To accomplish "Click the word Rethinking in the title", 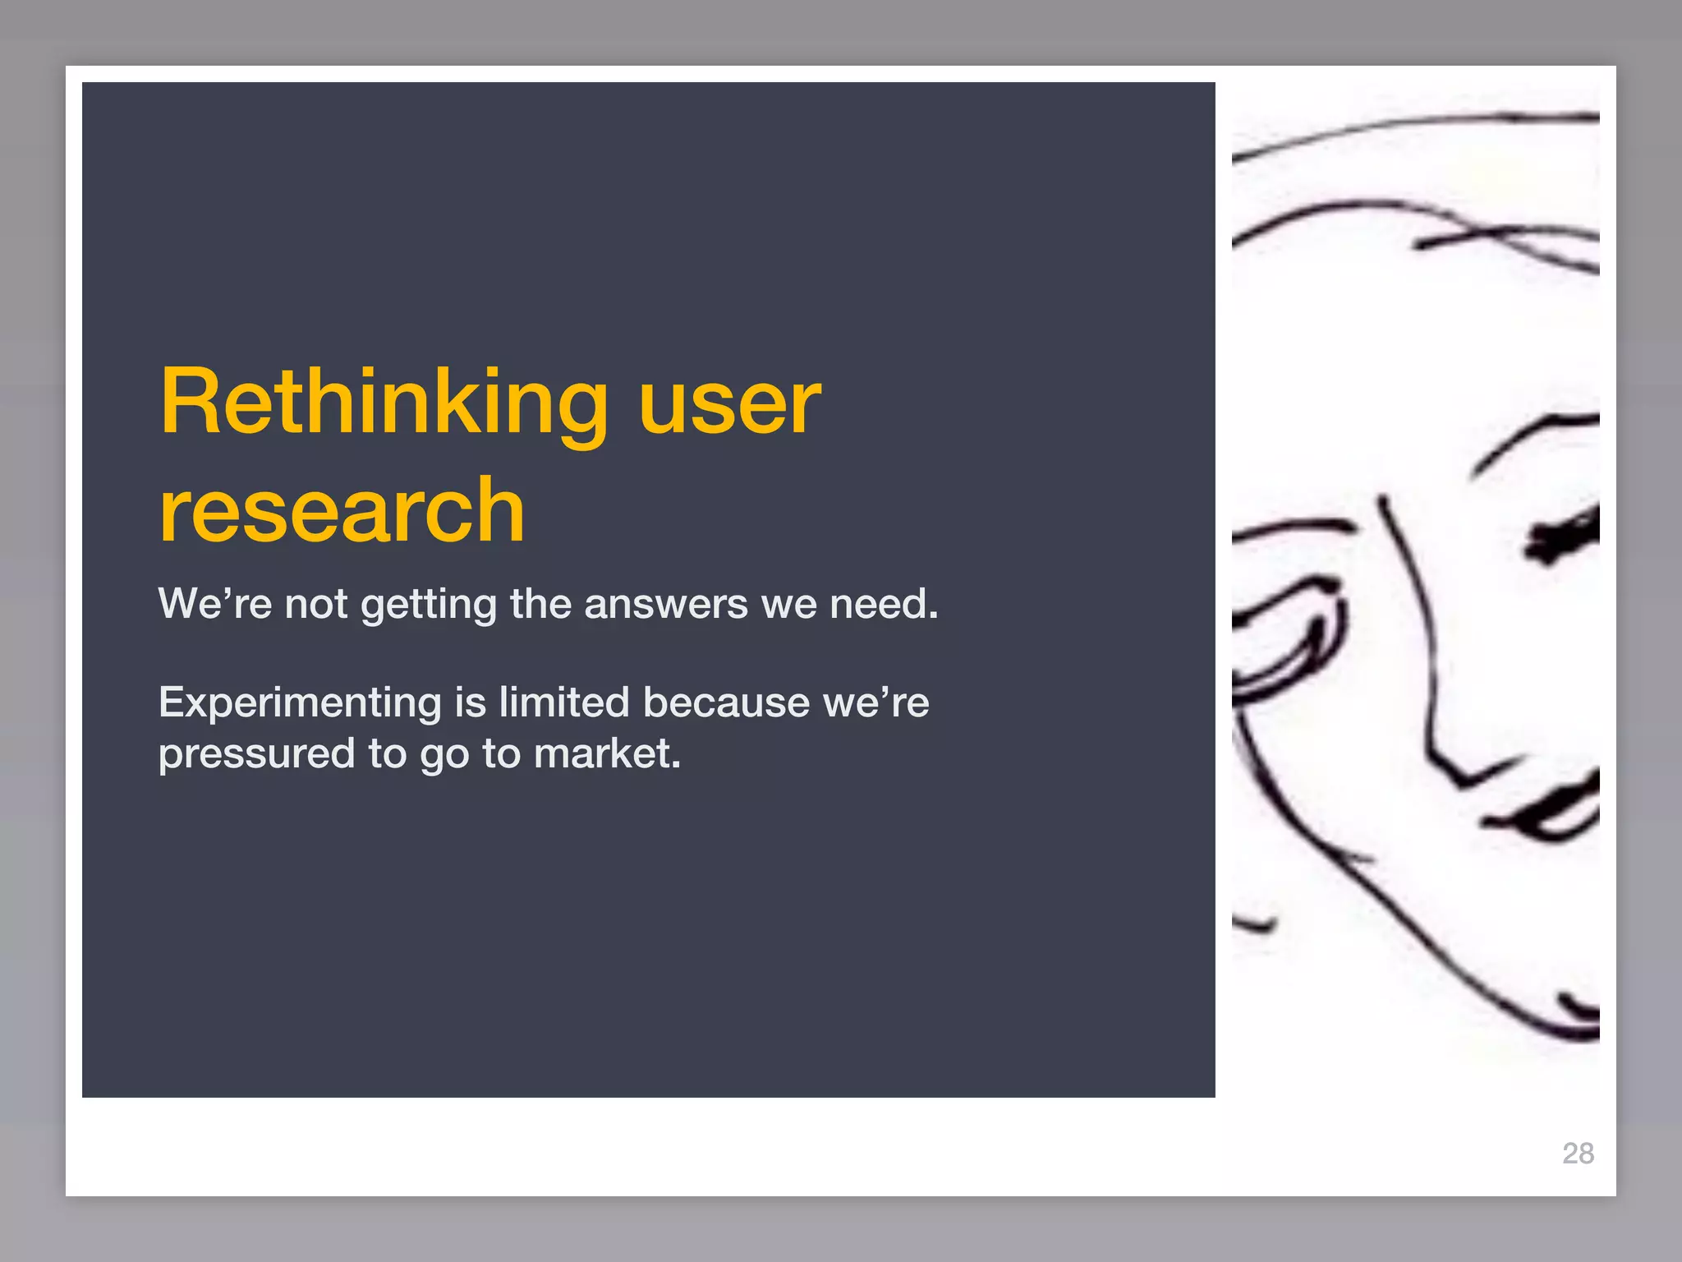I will click(x=384, y=403).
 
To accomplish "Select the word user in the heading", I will click(x=729, y=403).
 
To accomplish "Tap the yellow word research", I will click(x=342, y=511).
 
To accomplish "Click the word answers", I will click(x=666, y=604).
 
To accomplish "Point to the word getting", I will click(x=429, y=606).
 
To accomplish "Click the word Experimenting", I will click(x=300, y=704).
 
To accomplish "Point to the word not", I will click(x=316, y=604).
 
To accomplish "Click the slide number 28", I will click(x=1578, y=1154).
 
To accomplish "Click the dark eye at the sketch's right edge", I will click(x=1565, y=534).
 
